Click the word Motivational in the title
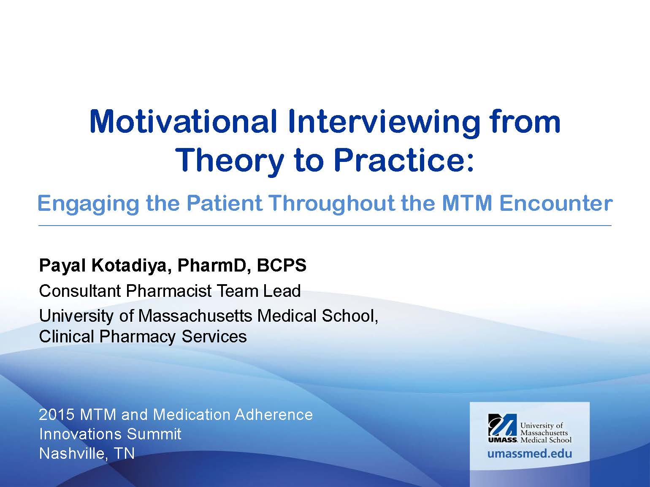(184, 121)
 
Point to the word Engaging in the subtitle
(88, 204)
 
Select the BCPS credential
(282, 265)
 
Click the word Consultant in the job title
(80, 291)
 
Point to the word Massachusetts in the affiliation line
(195, 315)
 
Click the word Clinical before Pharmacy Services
(67, 336)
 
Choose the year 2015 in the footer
(57, 414)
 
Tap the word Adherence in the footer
(274, 414)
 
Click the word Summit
(154, 434)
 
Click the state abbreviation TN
(125, 453)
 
